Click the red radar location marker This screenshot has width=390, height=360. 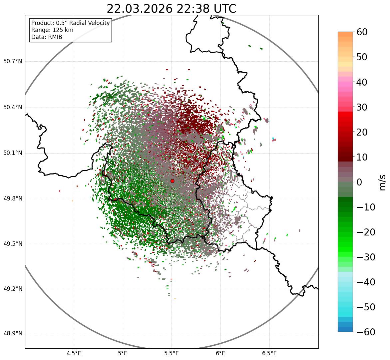coord(172,181)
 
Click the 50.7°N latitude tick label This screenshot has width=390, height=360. coord(13,61)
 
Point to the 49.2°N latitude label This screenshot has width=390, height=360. coord(13,289)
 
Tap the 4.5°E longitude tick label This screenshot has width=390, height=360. coord(74,353)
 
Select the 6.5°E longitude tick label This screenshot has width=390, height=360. coord(269,353)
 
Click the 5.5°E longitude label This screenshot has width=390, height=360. coord(172,353)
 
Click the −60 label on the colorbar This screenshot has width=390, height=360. coord(366,332)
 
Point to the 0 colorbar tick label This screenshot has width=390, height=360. coord(359,182)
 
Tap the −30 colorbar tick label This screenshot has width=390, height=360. coord(366,257)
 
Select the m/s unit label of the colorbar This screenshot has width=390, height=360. coord(383,182)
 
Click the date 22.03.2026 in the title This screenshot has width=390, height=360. coord(140,9)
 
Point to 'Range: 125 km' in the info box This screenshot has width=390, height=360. coord(52,30)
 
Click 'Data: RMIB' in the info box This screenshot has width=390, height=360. coord(47,37)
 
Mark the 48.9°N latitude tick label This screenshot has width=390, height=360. coord(13,334)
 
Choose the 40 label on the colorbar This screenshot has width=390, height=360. coord(362,82)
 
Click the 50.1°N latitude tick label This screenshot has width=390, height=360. coord(13,153)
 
